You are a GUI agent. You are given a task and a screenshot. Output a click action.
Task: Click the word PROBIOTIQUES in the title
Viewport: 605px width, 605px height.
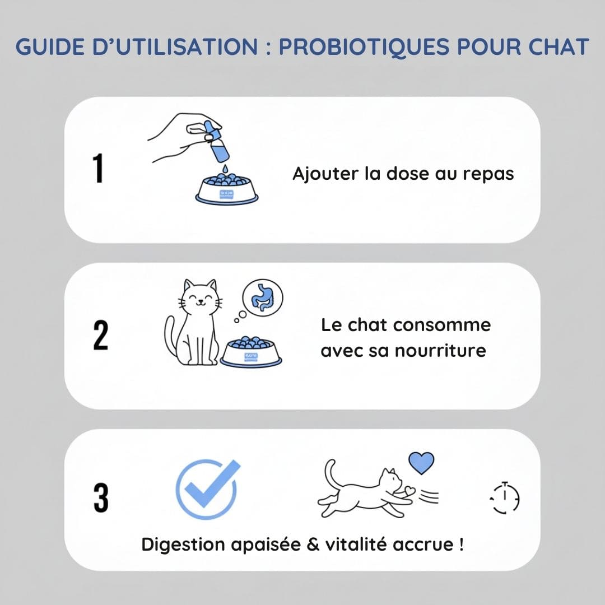[x=364, y=48]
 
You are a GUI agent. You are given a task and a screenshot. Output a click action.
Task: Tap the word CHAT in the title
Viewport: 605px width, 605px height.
[x=559, y=46]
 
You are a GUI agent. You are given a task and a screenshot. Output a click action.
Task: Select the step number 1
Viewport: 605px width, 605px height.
[x=99, y=168]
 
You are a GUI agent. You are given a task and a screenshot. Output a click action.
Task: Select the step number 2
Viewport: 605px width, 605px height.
[x=101, y=335]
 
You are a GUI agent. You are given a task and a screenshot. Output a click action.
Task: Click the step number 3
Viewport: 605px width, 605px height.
[x=101, y=498]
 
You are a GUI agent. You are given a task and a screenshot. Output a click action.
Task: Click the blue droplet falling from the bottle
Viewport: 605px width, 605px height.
[x=225, y=169]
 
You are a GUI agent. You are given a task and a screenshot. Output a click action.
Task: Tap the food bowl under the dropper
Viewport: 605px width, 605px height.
[x=227, y=189]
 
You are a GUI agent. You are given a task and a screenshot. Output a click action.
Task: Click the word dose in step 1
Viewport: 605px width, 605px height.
[x=408, y=173]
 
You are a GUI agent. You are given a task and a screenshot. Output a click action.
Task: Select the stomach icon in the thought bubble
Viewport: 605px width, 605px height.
[x=262, y=297]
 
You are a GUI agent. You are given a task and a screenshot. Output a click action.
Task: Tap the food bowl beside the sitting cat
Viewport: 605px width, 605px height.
[x=251, y=351]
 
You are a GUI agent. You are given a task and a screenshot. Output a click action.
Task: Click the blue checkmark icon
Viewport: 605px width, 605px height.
[x=208, y=489]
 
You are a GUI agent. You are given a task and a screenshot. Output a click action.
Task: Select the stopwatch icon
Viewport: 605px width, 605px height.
[x=505, y=498]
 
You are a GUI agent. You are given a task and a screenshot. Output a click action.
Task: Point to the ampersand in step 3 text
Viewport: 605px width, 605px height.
[x=313, y=544]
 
